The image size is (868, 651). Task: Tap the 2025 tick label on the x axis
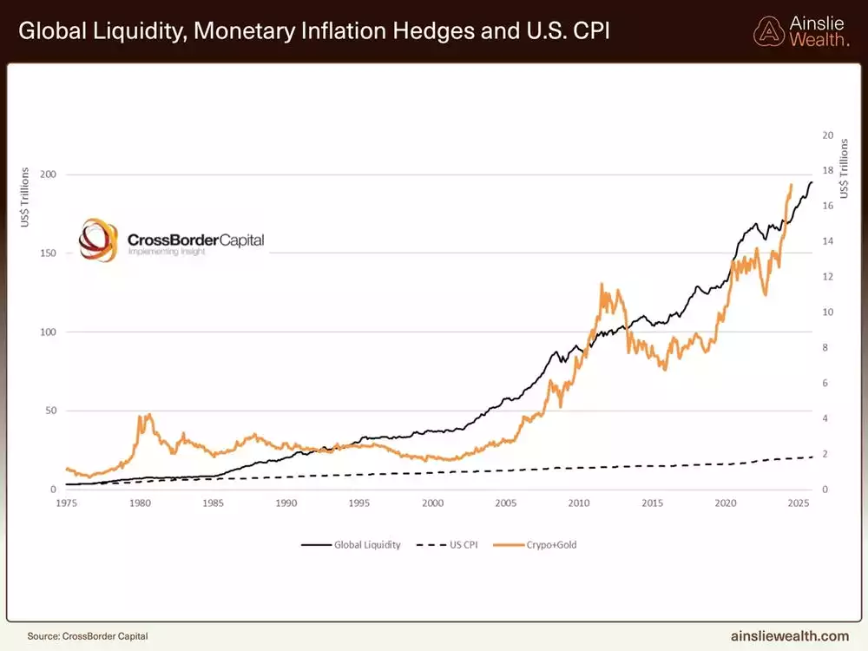pyautogui.click(x=800, y=503)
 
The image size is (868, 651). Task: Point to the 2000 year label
pyautogui.click(x=434, y=503)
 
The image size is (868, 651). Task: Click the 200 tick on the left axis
pyautogui.click(x=49, y=174)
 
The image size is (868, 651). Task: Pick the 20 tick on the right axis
pyautogui.click(x=827, y=135)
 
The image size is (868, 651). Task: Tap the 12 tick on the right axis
pyautogui.click(x=827, y=277)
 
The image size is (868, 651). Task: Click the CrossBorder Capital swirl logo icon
pyautogui.click(x=97, y=240)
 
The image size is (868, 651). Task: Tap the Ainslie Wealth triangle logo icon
pyautogui.click(x=768, y=31)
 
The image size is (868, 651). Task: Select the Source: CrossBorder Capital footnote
pyautogui.click(x=82, y=635)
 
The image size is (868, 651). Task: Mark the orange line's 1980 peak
pyautogui.click(x=148, y=415)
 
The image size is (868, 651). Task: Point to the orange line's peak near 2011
pyautogui.click(x=602, y=284)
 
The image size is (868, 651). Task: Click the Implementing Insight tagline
pyautogui.click(x=167, y=251)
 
